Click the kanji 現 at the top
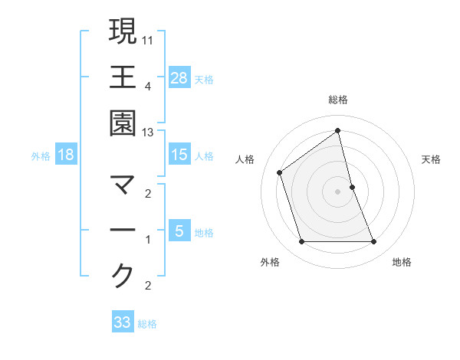(123, 31)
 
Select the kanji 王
(123, 78)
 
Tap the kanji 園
(123, 125)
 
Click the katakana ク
(123, 276)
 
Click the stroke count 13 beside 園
(148, 133)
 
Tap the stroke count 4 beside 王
(148, 86)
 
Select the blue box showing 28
(179, 78)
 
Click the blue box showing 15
(179, 155)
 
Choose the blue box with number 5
(179, 231)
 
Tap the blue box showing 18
(66, 155)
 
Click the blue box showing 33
(123, 322)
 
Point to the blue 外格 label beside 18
(41, 155)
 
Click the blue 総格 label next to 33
(147, 323)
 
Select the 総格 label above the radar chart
(338, 100)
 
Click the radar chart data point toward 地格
(374, 242)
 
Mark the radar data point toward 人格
(280, 172)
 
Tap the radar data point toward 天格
(352, 186)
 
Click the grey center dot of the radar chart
(338, 191)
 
